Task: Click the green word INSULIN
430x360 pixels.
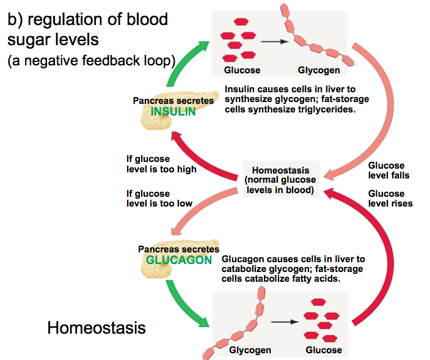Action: (173, 111)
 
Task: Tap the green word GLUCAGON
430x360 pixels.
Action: (179, 260)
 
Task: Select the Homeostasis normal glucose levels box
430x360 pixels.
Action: (281, 180)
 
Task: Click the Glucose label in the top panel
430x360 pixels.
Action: (242, 70)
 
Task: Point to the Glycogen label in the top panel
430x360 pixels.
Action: (319, 70)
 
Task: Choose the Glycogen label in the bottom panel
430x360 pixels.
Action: (250, 350)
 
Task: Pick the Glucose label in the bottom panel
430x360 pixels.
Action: (324, 350)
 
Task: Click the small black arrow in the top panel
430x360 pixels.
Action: (274, 42)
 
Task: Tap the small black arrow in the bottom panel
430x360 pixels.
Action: (285, 322)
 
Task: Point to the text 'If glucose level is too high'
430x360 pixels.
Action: (161, 164)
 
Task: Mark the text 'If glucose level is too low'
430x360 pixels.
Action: (159, 199)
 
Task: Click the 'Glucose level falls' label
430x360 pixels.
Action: (388, 171)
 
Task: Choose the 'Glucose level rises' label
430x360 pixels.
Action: (390, 199)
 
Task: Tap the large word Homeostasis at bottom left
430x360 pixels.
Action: (97, 328)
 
